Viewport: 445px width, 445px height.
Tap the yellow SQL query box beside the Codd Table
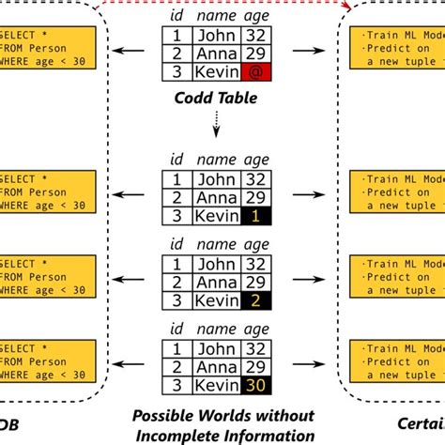(x=47, y=51)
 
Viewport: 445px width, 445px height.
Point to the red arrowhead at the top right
(x=348, y=7)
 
